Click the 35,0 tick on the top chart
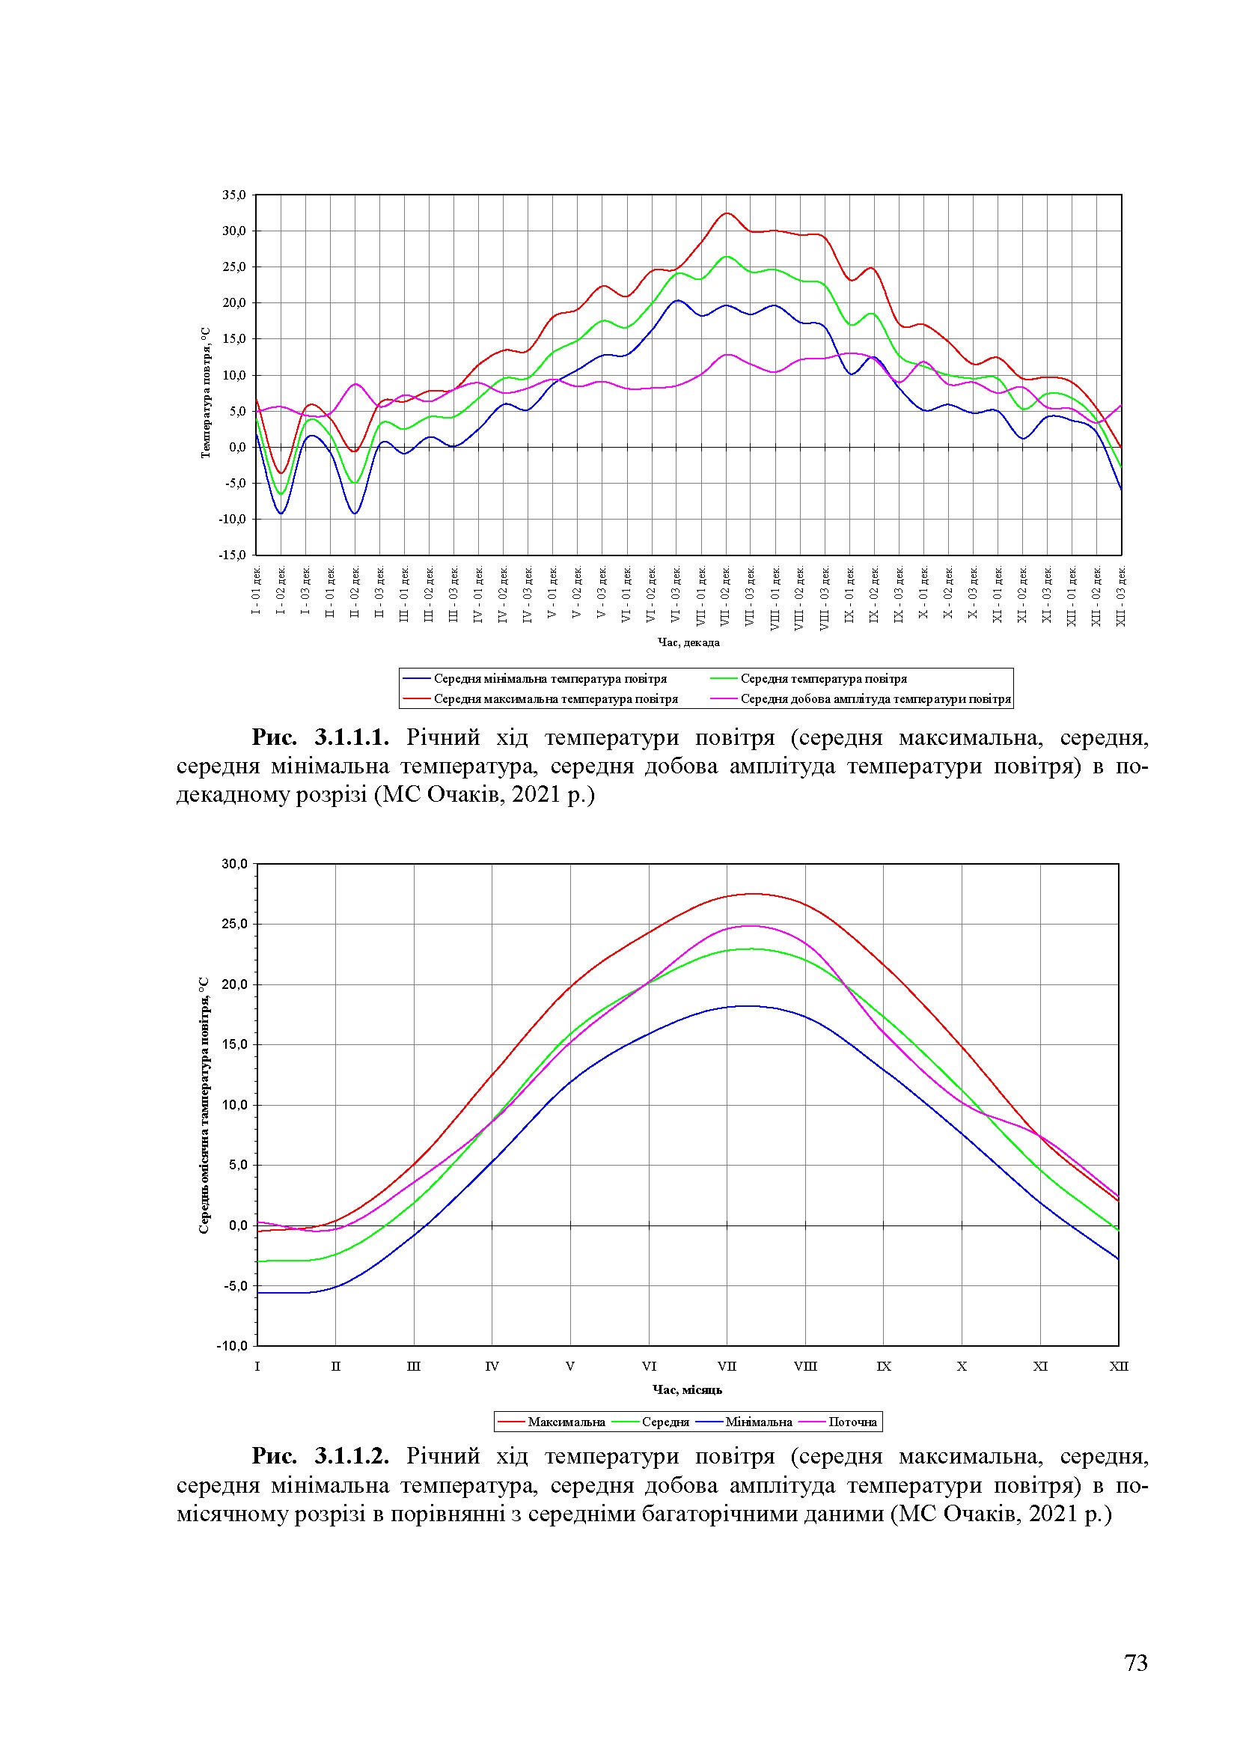click(x=234, y=195)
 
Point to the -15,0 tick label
click(x=233, y=555)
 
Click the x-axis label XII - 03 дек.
click(x=1120, y=597)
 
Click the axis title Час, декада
click(x=688, y=642)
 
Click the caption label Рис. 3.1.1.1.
click(x=321, y=737)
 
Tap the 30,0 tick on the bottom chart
click(x=235, y=864)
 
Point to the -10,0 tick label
click(x=233, y=1345)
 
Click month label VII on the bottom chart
click(x=727, y=1365)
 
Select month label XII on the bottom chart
click(x=1118, y=1365)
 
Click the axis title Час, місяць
click(x=687, y=1389)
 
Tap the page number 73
click(x=1136, y=1663)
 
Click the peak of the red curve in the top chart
click(x=727, y=213)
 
